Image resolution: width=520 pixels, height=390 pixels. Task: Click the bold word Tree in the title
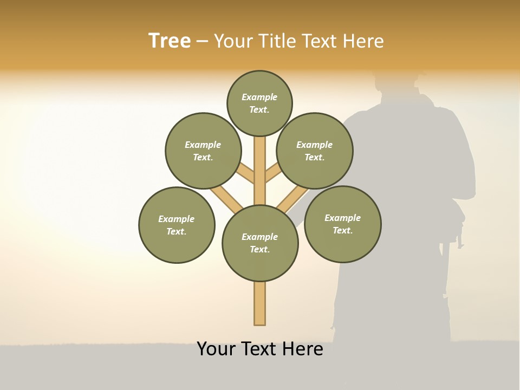170,41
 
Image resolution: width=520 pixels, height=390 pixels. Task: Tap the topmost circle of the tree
259,103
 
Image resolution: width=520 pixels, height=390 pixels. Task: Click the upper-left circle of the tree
203,151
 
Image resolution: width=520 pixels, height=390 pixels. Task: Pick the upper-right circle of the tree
315,151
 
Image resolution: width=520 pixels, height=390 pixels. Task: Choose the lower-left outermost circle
177,225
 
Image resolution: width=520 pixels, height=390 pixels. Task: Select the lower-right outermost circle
342,224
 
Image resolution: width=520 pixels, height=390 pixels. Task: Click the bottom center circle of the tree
260,243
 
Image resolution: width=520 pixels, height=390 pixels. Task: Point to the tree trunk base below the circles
260,303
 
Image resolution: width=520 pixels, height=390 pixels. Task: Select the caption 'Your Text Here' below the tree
260,349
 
